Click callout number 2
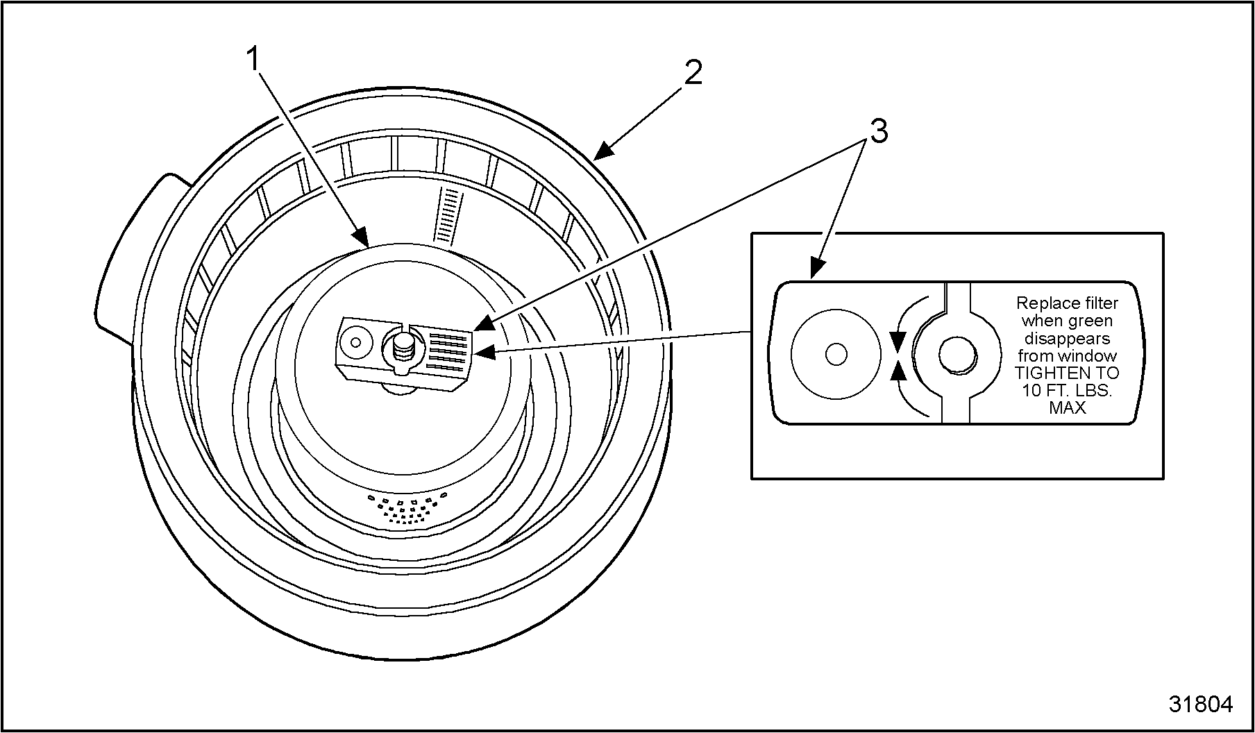693,73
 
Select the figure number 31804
1200,704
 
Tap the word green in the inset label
1091,321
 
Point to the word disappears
1068,338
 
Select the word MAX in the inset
1068,407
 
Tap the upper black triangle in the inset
898,341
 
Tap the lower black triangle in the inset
898,371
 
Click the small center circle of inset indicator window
836,354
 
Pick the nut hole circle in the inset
958,355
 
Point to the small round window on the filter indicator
356,342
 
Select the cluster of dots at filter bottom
408,508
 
